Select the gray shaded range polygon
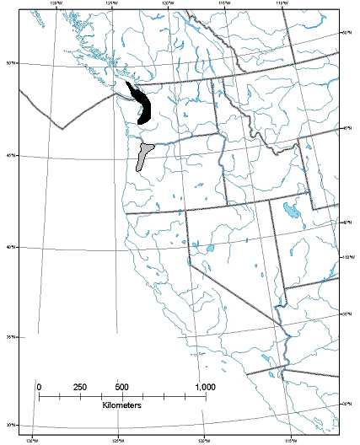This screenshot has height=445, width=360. (143, 157)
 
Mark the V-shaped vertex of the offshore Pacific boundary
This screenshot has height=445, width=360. (61, 128)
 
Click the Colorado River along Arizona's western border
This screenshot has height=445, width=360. (287, 346)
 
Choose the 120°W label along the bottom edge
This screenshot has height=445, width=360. (203, 439)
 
